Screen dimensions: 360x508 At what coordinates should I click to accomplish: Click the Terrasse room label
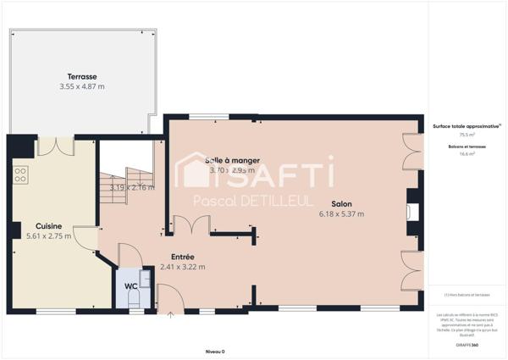(x=81, y=76)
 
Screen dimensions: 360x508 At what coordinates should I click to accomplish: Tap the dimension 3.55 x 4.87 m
(x=81, y=86)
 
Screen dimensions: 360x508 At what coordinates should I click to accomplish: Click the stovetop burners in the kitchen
(x=19, y=175)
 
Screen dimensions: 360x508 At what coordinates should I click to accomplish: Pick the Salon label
(x=341, y=204)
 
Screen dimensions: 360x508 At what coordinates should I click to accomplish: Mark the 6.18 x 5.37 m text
(x=341, y=214)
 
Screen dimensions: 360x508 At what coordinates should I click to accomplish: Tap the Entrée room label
(x=183, y=257)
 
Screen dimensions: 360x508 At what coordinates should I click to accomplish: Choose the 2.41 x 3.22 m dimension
(x=183, y=267)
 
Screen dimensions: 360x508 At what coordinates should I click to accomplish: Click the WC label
(x=131, y=286)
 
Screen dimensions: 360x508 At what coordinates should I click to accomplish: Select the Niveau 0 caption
(x=215, y=351)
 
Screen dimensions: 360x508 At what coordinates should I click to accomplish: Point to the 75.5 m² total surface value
(x=467, y=135)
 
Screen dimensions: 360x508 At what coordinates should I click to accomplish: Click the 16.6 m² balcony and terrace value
(x=467, y=154)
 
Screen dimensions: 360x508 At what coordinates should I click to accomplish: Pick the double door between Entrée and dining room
(x=190, y=225)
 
